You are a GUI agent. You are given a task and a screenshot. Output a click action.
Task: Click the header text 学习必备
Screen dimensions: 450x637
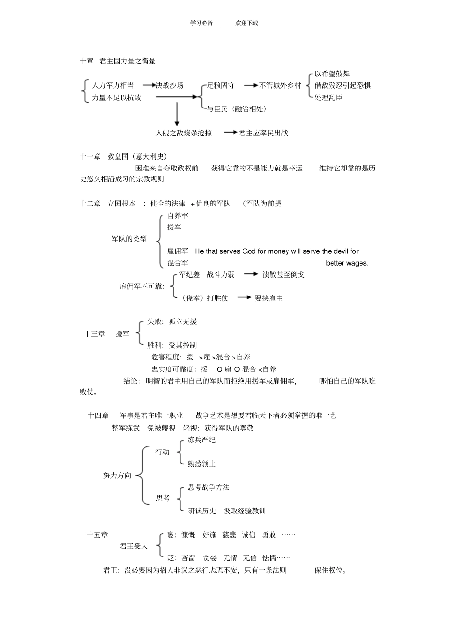coord(201,23)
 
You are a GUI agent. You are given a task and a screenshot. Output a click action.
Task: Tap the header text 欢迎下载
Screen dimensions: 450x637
coord(247,23)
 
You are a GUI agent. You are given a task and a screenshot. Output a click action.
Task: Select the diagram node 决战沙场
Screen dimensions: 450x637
coord(170,85)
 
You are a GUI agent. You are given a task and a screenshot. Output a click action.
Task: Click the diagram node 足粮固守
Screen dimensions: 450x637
coord(221,85)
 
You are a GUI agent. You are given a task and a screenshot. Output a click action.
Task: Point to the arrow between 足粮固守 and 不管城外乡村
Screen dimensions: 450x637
coord(251,85)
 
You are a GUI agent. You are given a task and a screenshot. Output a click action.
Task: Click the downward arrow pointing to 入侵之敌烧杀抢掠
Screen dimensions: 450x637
coord(177,114)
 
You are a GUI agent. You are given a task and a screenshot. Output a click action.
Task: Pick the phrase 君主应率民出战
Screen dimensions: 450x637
coord(263,133)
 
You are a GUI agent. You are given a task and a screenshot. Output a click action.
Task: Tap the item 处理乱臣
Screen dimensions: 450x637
coord(328,98)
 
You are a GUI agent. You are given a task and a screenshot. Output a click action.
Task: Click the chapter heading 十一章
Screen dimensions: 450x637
coord(90,156)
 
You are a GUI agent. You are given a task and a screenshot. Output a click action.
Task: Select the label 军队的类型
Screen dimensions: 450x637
coord(129,239)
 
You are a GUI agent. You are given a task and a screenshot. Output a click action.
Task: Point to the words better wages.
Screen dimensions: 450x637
coord(347,263)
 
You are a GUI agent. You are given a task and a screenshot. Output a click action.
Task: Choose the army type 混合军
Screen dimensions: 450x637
coord(178,263)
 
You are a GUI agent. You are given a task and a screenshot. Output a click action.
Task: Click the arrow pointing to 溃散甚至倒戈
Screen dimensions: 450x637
coord(251,274)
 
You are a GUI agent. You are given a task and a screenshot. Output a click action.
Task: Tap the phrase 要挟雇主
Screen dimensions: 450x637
coord(269,298)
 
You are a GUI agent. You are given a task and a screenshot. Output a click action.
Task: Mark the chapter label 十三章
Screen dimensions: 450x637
coord(95,334)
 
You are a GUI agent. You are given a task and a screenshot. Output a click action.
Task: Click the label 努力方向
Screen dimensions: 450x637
coord(117,476)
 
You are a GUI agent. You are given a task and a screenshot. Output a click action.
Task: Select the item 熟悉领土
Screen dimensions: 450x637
coord(201,464)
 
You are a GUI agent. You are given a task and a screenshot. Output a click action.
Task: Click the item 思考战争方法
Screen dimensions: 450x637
coord(208,487)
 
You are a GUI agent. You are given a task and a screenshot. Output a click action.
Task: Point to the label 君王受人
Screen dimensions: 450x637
coord(134,546)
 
